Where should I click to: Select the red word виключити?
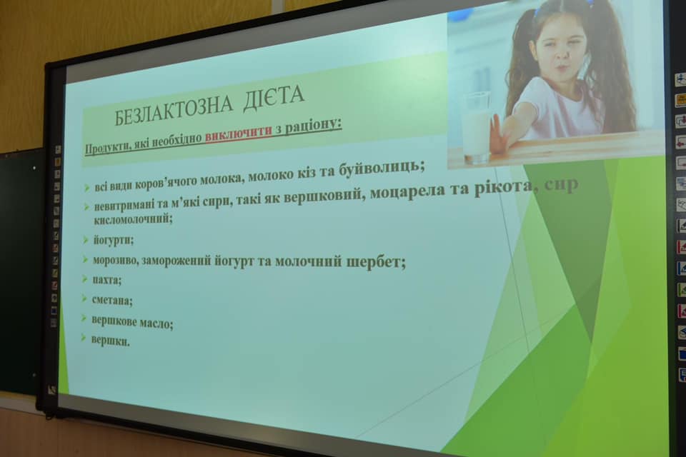pos(239,134)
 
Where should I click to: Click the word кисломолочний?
pos(133,219)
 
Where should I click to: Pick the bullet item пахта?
pos(106,279)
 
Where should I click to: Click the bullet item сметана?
pos(112,301)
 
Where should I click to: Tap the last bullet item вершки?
pos(110,341)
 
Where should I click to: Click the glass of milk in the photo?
pos(476,127)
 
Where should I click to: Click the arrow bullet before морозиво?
pos(85,259)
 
